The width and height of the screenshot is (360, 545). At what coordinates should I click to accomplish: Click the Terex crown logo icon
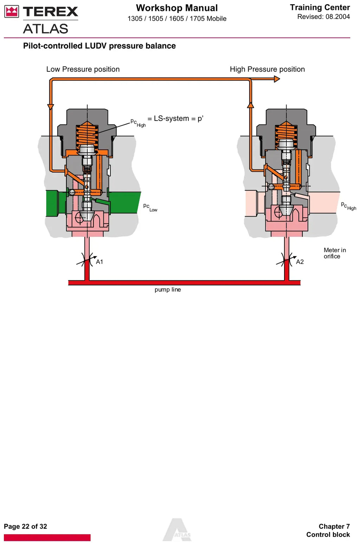tap(12, 12)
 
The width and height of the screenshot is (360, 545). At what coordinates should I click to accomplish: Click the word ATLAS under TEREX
tap(45, 28)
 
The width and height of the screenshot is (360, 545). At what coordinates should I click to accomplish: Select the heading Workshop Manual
tap(177, 8)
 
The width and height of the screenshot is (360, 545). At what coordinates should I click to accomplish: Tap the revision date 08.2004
tap(337, 17)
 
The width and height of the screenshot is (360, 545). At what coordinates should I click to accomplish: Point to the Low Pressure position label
tap(83, 69)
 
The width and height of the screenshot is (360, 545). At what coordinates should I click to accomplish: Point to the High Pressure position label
tap(267, 69)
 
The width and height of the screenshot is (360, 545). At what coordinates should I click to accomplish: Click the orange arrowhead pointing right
tap(277, 79)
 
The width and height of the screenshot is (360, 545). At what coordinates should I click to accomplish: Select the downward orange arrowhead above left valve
tap(51, 107)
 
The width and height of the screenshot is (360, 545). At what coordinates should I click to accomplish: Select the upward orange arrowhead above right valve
tap(251, 105)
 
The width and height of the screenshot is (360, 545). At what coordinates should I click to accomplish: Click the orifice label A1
tap(99, 262)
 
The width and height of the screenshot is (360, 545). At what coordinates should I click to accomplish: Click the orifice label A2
tap(300, 262)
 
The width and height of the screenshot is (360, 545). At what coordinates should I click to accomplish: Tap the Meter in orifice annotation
tap(335, 253)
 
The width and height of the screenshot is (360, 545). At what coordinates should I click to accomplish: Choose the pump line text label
tap(168, 289)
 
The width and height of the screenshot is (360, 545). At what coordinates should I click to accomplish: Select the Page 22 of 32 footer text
tap(26, 526)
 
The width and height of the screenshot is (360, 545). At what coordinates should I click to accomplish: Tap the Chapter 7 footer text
tap(334, 526)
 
